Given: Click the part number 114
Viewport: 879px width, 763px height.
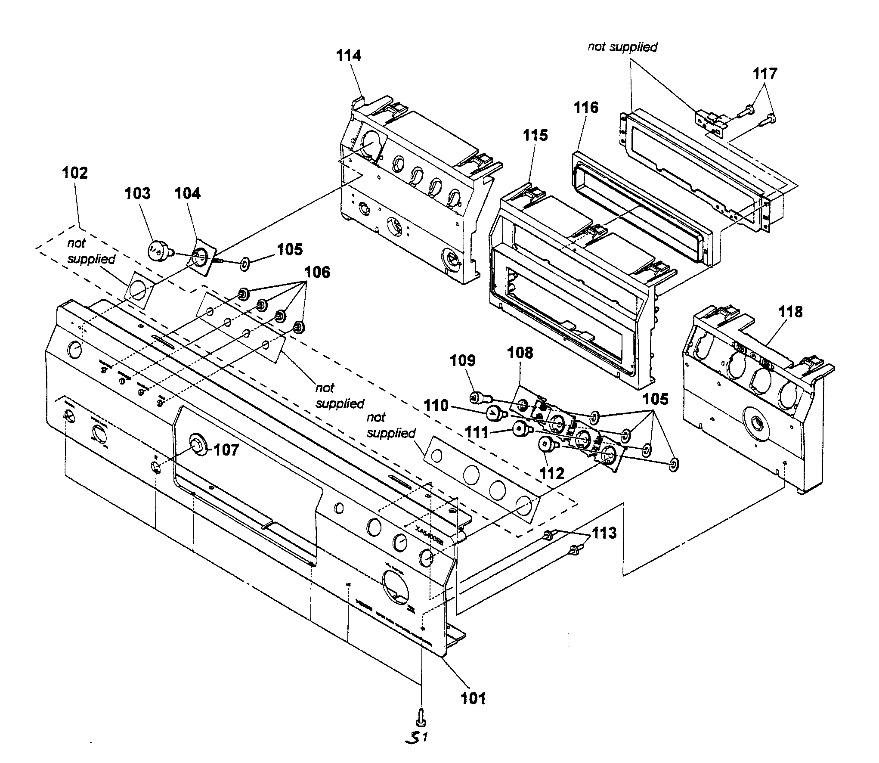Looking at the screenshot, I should pos(349,56).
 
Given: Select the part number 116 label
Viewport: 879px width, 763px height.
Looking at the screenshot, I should pos(586,107).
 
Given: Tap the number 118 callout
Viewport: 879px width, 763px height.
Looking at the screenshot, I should pos(790,312).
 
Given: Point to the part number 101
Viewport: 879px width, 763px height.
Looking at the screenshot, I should pos(473,698).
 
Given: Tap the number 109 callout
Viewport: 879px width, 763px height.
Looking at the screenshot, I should pos(463,361).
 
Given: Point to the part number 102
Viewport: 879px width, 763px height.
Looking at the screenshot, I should pos(75,173).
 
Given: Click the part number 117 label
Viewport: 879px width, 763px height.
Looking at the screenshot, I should pos(765,74).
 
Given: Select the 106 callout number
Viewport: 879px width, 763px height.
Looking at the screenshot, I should pos(317,272).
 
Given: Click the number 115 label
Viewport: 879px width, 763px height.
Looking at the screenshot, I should pos(535,135).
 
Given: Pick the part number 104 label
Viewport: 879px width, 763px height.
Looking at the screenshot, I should pos(187,193).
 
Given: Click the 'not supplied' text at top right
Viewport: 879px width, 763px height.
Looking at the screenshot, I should pos(622,47).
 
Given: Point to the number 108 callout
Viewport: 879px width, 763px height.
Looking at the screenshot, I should pos(520,353).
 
